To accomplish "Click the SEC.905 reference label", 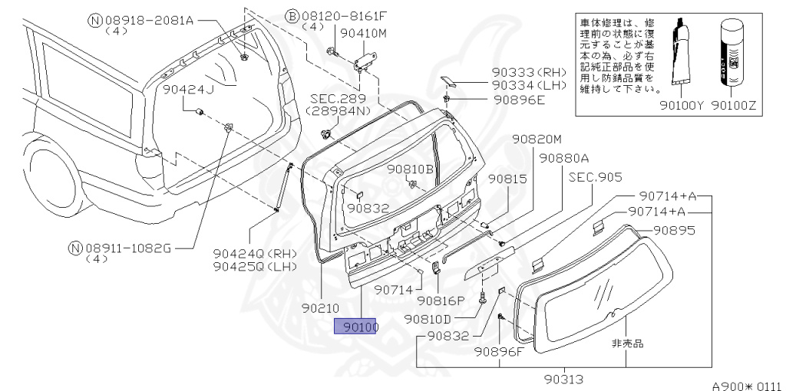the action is [594, 176].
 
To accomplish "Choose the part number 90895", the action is [674, 229].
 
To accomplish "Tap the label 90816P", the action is [441, 301].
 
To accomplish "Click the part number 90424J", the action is [187, 90].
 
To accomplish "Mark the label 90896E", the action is [519, 100].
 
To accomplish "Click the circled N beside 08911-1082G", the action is [74, 247].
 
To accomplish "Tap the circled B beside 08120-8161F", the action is [292, 15].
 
